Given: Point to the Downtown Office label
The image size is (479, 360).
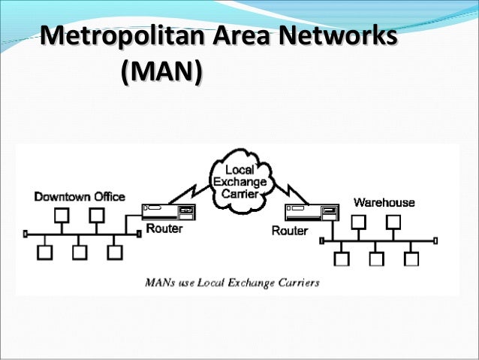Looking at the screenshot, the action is (79, 196).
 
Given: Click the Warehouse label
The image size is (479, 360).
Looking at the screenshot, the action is (384, 202).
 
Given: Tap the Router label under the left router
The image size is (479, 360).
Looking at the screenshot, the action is (163, 228).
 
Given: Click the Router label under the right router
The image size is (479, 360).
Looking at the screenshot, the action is (288, 231).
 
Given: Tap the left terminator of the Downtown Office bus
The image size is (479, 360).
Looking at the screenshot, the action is (25, 234).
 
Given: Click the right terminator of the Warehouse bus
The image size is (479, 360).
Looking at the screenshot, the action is (436, 241).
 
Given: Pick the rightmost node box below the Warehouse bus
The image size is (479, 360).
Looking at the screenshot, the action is (410, 259).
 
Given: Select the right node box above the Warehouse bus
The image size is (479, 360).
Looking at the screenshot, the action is (391, 222).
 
